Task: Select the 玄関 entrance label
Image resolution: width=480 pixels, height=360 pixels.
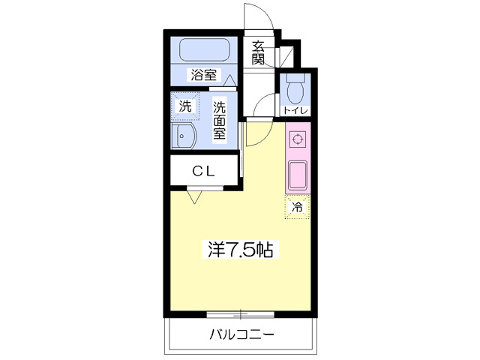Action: click(259, 52)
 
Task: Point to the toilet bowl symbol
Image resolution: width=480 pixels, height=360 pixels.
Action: click(294, 90)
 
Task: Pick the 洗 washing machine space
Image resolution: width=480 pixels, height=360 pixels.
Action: click(185, 106)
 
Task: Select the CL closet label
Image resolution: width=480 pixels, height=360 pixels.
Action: click(203, 171)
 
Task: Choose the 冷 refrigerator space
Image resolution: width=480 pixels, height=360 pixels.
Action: click(297, 207)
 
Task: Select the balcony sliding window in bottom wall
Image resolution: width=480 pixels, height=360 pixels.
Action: click(241, 313)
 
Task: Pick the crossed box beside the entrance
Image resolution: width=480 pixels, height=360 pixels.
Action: click(286, 57)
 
